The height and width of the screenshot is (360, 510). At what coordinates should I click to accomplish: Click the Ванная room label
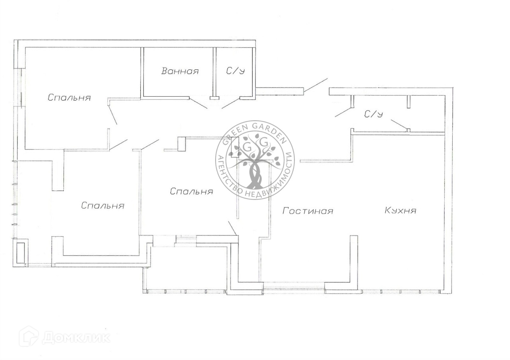180,71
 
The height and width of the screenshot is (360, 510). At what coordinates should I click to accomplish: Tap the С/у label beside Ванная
235,71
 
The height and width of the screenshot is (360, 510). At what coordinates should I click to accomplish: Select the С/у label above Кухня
373,114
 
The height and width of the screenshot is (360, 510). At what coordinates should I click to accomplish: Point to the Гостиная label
308,211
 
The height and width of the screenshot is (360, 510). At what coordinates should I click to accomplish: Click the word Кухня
400,210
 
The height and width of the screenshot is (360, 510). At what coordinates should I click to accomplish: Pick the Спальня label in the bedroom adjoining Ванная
69,97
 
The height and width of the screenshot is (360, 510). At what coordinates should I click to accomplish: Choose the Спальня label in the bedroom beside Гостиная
191,192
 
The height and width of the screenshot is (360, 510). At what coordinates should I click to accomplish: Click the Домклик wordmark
76,338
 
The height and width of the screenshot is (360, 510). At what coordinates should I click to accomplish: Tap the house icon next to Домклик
29,336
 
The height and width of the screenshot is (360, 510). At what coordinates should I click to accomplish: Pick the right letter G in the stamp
263,141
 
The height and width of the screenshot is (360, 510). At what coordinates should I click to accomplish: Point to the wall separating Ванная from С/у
215,72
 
